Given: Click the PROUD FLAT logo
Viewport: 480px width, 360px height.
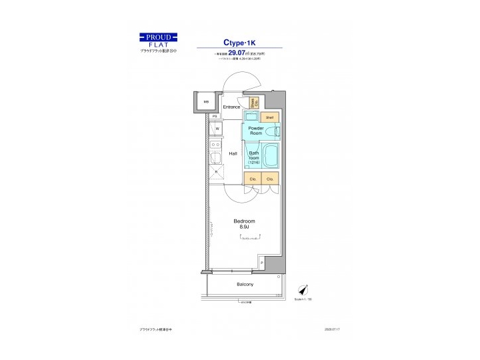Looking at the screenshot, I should click(158, 41).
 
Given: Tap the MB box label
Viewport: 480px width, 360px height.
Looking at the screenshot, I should click(206, 103).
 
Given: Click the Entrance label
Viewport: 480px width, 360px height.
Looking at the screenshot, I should click(231, 107).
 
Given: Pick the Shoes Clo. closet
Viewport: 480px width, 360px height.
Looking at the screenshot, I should click(253, 103).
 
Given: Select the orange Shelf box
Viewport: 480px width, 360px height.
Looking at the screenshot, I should click(269, 117).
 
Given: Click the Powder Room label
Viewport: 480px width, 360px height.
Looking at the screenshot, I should click(256, 131).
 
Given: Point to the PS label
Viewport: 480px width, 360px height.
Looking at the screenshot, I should click(215, 116).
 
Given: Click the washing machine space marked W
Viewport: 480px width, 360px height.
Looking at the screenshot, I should click(217, 128).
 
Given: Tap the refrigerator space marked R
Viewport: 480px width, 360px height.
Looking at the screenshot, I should click(216, 171).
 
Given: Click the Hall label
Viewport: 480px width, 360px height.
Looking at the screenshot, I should click(233, 153).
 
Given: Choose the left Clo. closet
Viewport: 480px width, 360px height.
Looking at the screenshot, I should click(253, 179).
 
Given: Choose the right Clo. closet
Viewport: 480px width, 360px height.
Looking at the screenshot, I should click(270, 179).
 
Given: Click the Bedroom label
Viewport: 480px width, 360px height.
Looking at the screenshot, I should click(244, 224).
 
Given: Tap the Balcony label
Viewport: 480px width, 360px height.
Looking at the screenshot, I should click(245, 285).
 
